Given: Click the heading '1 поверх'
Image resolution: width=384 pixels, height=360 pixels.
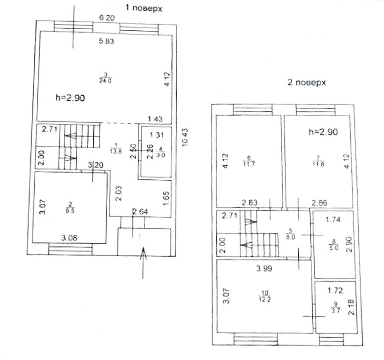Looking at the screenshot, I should coord(143,8).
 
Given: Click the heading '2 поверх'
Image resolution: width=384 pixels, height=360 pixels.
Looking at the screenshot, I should coord(307,83).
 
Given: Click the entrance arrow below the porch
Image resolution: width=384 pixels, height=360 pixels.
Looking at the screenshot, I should coord(143,262).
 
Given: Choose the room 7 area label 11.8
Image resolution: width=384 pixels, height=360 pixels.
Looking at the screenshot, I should coord(317,162).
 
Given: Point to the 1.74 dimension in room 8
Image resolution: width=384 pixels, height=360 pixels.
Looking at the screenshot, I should coord(333,220).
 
